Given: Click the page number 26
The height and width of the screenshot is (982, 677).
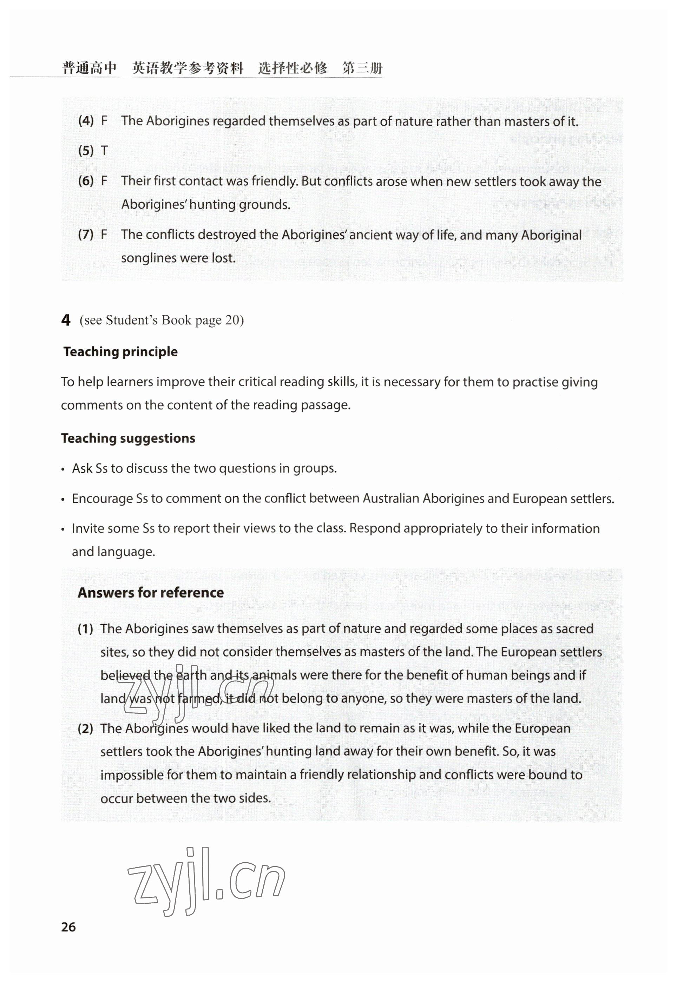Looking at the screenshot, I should click(x=68, y=927).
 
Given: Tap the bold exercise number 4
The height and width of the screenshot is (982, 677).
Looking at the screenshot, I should click(x=66, y=320).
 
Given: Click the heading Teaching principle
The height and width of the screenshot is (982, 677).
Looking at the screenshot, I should click(x=120, y=351).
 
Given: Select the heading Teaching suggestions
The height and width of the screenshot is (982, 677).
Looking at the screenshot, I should click(x=128, y=438).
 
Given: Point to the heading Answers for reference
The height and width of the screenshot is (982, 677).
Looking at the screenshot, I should click(x=151, y=592).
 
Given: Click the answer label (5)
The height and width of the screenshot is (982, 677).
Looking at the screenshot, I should click(x=86, y=151).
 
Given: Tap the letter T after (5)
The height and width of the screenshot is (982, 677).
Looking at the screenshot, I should click(x=104, y=151).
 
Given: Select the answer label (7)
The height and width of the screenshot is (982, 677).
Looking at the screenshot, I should click(x=86, y=235).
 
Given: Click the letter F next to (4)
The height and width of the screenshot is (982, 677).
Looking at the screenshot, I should click(x=104, y=121).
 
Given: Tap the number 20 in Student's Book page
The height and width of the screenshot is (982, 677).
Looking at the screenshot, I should click(x=232, y=320).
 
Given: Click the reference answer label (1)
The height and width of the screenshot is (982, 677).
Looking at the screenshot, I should click(x=86, y=629).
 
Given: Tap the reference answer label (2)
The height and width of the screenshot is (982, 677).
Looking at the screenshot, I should click(x=86, y=729).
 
